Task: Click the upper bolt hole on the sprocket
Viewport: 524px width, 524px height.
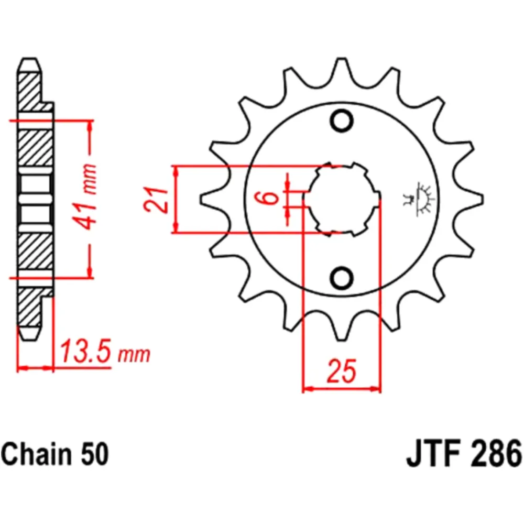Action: tap(342, 120)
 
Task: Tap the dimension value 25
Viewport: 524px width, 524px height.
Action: tap(342, 371)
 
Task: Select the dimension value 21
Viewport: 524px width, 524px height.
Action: tap(156, 199)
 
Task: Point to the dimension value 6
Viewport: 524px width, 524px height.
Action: tap(270, 199)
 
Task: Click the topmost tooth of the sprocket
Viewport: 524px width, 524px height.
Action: tap(342, 65)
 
